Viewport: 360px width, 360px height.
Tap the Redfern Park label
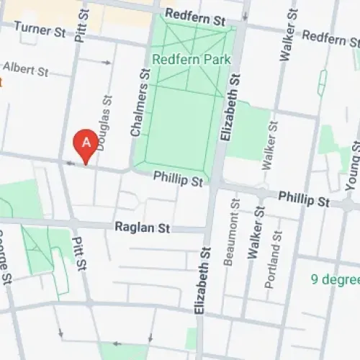tap(189, 60)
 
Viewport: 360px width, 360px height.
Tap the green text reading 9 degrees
tap(335, 279)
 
